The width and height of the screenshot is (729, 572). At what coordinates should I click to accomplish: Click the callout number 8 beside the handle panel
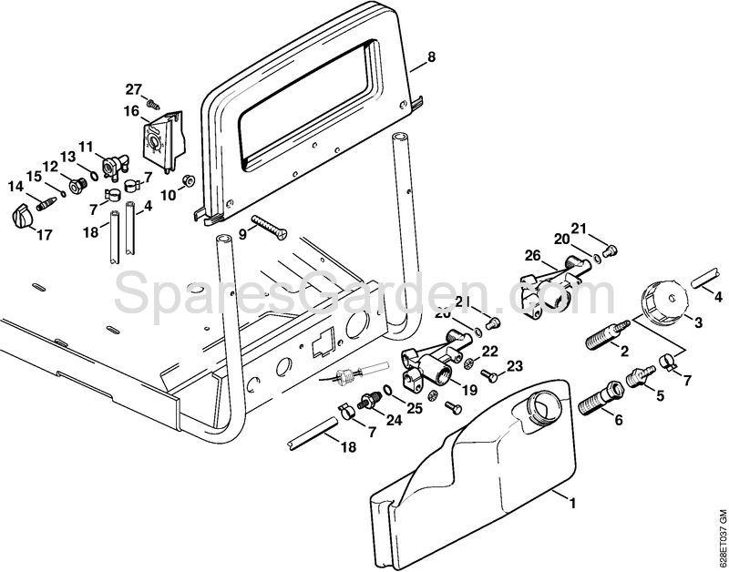[x=431, y=56]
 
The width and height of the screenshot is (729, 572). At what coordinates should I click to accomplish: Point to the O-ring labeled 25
[x=389, y=394]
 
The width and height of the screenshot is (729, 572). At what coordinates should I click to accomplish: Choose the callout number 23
[x=516, y=367]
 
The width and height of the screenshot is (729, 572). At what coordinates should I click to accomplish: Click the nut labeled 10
[x=188, y=181]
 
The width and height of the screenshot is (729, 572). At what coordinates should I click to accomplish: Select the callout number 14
[x=15, y=186]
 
